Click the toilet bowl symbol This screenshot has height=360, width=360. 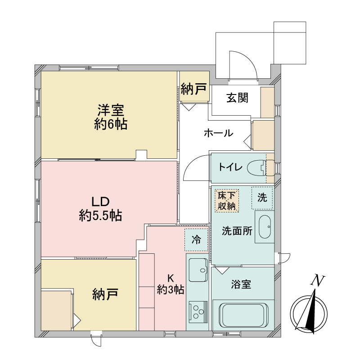256,168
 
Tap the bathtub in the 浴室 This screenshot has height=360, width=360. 243,315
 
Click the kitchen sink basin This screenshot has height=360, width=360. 198,270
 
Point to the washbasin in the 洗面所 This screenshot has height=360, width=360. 265,227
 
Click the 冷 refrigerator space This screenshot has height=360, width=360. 196,240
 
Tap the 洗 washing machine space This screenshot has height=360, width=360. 262,198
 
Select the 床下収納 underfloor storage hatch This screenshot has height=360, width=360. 227,200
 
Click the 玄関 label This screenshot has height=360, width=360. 238,98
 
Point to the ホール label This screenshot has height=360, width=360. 219,133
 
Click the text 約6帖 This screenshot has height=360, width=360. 111,125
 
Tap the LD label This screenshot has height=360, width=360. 100,202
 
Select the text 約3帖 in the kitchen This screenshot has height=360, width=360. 171,290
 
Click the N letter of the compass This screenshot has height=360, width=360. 318,280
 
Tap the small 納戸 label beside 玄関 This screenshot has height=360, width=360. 193,89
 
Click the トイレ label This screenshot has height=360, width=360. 230,167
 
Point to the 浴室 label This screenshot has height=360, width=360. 241,284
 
